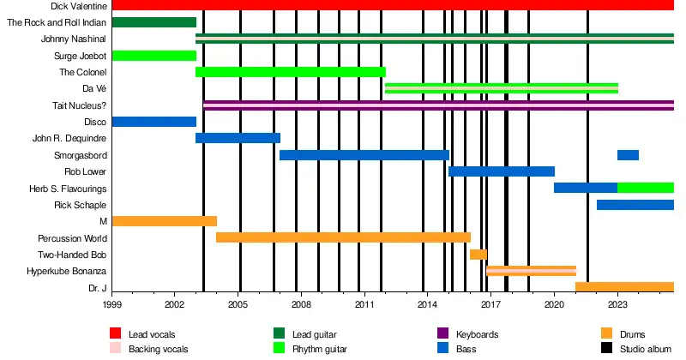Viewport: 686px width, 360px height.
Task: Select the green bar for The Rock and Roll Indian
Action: (x=154, y=22)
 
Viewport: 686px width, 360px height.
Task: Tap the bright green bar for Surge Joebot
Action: (x=154, y=56)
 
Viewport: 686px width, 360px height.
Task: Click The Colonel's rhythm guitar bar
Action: (x=291, y=72)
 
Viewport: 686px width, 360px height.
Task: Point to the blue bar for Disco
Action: (x=154, y=122)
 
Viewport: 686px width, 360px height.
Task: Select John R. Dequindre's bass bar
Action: (x=238, y=138)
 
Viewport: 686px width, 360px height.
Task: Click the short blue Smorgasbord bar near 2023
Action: (x=628, y=155)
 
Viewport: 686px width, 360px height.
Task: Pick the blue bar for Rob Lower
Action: (x=502, y=171)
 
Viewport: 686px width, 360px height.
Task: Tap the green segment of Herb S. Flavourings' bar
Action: (x=646, y=188)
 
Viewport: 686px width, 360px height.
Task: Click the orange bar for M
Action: (x=165, y=221)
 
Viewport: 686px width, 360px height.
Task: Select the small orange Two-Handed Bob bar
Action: (x=478, y=255)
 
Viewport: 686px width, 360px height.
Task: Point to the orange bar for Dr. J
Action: (x=624, y=287)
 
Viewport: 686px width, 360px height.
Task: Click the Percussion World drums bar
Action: (x=343, y=237)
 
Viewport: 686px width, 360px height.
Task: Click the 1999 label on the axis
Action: (x=112, y=303)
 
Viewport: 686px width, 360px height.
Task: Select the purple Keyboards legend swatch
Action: (x=443, y=334)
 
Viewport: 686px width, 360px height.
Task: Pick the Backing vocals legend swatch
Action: (x=116, y=349)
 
